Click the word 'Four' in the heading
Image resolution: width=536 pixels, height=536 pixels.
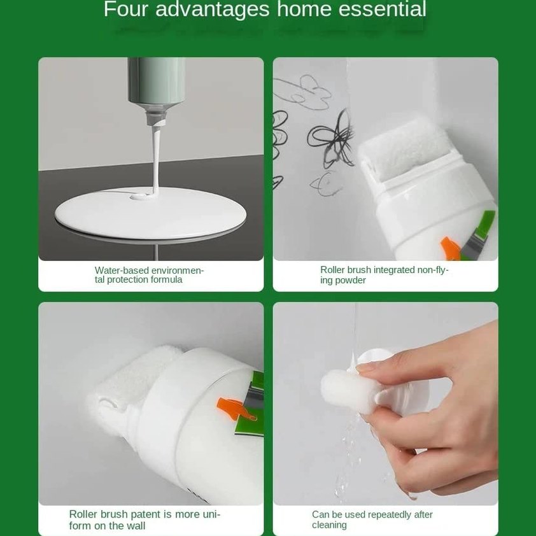125,10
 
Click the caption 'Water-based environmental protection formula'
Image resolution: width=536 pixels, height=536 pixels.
149,275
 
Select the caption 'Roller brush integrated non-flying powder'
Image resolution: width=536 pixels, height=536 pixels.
384,275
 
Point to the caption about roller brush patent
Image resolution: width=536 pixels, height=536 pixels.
145,519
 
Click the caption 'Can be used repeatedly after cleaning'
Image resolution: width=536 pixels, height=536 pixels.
372,519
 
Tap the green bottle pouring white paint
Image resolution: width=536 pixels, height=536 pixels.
156,83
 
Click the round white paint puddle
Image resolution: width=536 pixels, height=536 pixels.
150,213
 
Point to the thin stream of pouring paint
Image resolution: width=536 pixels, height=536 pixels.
155,159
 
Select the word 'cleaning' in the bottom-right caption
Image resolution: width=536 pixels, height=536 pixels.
329,525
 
